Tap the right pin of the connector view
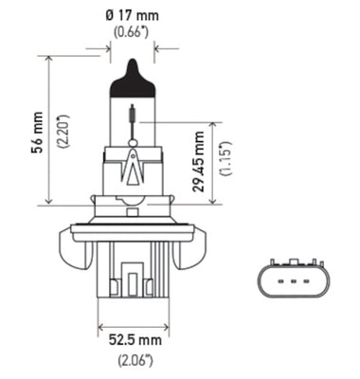(310, 280)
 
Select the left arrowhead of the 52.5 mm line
(101, 326)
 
